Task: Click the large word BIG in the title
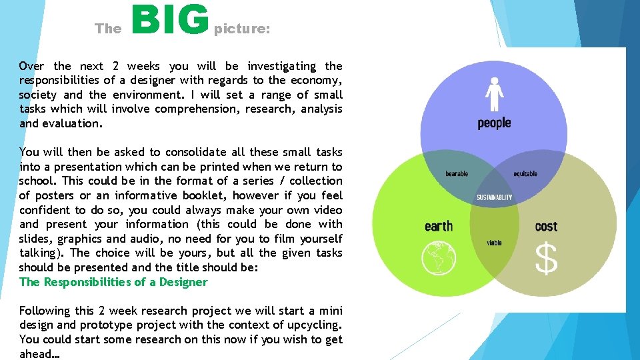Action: pyautogui.click(x=171, y=21)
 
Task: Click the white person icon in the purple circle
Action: pyautogui.click(x=494, y=94)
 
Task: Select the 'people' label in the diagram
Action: pyautogui.click(x=494, y=123)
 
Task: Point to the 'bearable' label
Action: pyautogui.click(x=457, y=174)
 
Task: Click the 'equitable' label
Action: pyautogui.click(x=525, y=174)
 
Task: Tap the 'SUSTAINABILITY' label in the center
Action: pyautogui.click(x=495, y=197)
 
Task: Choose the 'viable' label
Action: pyautogui.click(x=494, y=243)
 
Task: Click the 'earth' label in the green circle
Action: pyautogui.click(x=439, y=226)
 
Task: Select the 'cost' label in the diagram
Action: pyautogui.click(x=546, y=227)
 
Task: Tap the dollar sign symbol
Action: pyautogui.click(x=546, y=259)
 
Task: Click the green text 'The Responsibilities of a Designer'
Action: pyautogui.click(x=113, y=282)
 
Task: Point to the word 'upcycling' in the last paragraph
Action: pyautogui.click(x=315, y=325)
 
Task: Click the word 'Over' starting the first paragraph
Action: pyautogui.click(x=32, y=66)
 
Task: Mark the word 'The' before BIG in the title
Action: pyautogui.click(x=108, y=29)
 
